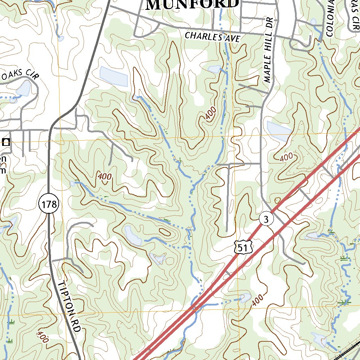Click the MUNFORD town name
point(192,4)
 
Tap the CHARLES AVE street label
point(212,37)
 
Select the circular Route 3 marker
point(266,219)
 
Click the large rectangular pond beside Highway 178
point(114,76)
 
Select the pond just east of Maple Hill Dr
point(279,131)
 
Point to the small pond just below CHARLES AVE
point(214,69)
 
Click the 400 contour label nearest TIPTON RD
point(42,337)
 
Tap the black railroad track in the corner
point(348,352)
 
